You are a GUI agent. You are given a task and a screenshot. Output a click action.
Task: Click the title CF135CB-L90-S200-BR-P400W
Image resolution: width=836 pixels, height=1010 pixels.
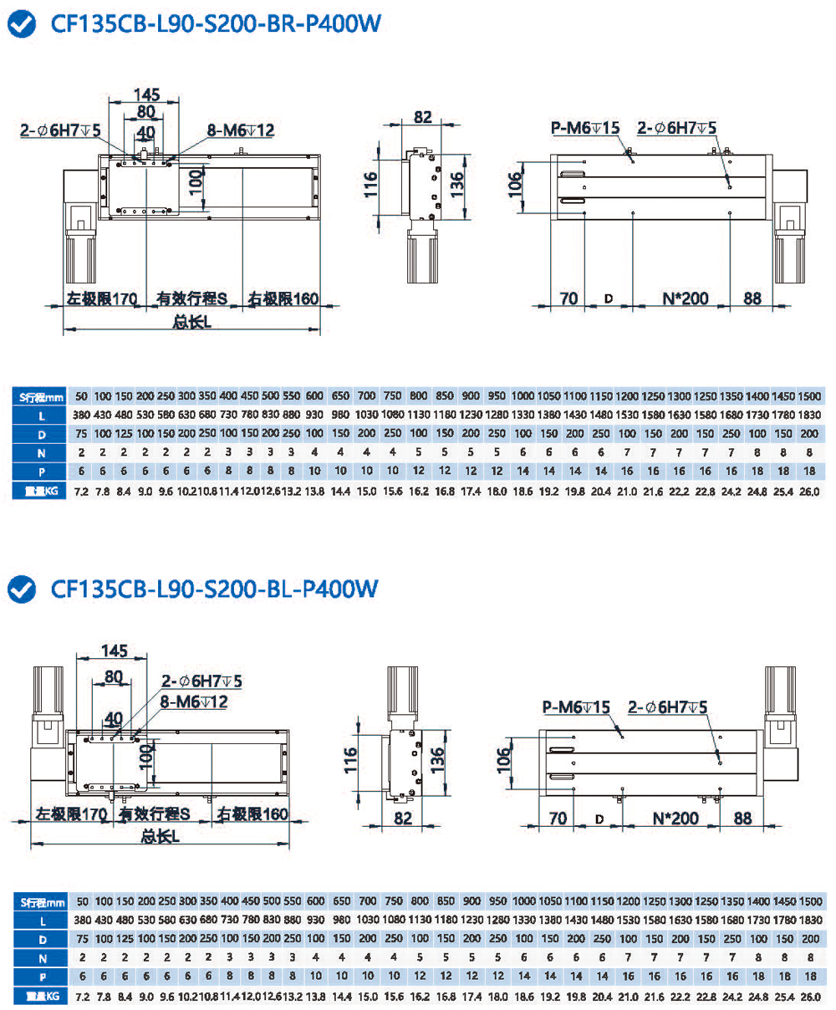tap(216, 24)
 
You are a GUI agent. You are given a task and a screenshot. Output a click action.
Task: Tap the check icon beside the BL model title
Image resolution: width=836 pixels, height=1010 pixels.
tap(21, 589)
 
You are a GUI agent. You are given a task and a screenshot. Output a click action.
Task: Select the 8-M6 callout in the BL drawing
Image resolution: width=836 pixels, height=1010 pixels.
tap(193, 702)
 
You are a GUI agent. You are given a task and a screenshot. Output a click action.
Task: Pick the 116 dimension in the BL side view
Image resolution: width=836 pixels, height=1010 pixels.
tap(350, 760)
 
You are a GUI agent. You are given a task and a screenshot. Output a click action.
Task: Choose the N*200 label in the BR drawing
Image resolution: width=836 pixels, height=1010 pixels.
tap(686, 298)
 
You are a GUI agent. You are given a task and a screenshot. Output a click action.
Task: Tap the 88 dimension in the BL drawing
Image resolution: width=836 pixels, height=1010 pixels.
tap(742, 818)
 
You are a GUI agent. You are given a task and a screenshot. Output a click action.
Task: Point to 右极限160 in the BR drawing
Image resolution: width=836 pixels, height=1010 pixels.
tap(283, 298)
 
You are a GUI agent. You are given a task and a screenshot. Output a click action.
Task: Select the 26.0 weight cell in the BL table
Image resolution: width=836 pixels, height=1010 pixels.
tap(809, 997)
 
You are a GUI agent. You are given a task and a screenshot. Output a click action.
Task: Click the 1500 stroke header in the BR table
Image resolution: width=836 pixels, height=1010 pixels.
tap(809, 396)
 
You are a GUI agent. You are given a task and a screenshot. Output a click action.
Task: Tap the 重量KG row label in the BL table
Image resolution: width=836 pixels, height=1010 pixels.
tap(41, 997)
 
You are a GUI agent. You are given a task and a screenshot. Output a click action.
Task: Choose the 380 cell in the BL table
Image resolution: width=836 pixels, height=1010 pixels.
tap(82, 921)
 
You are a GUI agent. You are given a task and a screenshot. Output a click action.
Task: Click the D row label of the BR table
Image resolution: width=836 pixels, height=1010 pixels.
tap(41, 435)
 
